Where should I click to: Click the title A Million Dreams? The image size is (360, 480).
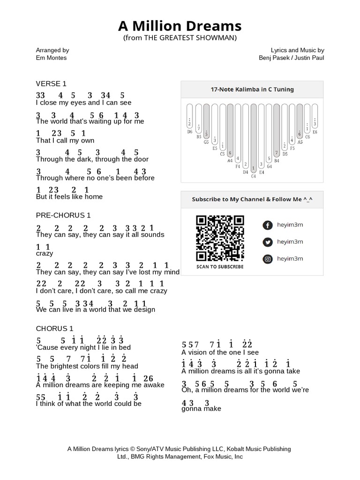tap(180, 25)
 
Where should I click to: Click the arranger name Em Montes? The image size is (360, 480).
tap(51, 58)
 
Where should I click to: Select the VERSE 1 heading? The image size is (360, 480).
tap(51, 84)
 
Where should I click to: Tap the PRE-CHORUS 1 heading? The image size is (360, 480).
tap(63, 215)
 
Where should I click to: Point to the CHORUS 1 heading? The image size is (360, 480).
tap(54, 329)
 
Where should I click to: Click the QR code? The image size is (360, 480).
tap(220, 238)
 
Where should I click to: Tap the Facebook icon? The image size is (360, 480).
tap(267, 225)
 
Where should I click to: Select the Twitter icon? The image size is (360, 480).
tap(267, 242)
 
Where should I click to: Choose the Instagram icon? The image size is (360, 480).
tap(267, 259)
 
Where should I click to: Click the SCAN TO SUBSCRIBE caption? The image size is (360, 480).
tap(220, 267)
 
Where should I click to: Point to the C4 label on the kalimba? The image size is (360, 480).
tap(254, 176)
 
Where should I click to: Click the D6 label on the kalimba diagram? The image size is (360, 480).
tap(190, 132)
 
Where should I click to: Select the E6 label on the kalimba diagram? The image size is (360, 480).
tap(315, 132)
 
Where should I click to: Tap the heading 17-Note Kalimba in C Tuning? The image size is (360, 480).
tap(252, 89)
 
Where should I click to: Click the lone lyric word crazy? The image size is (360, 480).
tap(45, 253)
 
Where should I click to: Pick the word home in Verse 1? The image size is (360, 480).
tap(94, 197)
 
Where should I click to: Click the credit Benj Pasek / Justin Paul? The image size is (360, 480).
tap(291, 58)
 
